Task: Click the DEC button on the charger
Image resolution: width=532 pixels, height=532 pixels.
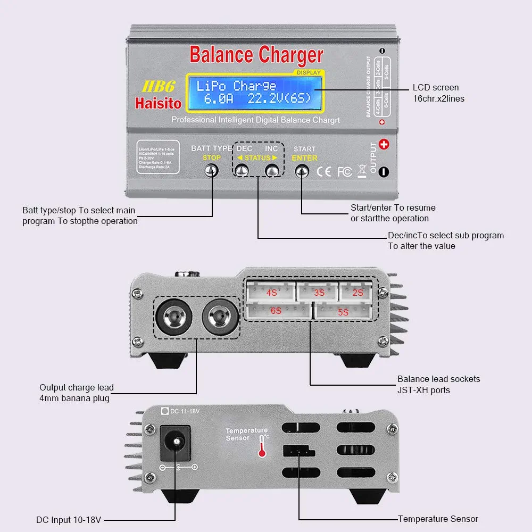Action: pyautogui.click(x=242, y=171)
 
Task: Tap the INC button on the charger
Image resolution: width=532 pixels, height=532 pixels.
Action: pyautogui.click(x=272, y=171)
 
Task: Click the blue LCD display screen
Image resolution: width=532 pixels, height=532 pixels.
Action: pyautogui.click(x=254, y=93)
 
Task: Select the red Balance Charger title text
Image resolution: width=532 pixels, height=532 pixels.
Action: pyautogui.click(x=256, y=55)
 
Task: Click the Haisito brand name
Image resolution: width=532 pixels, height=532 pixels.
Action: pyautogui.click(x=158, y=103)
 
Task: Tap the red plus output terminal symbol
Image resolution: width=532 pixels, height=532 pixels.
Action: pyautogui.click(x=384, y=145)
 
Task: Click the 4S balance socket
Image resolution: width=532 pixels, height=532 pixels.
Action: pyautogui.click(x=272, y=293)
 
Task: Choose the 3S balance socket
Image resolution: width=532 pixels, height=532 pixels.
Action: pyautogui.click(x=318, y=293)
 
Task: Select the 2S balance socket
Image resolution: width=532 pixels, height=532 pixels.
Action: pyautogui.click(x=358, y=293)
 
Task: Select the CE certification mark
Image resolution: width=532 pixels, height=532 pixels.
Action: pyautogui.click(x=324, y=172)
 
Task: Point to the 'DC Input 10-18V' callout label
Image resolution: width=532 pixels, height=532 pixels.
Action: pyautogui.click(x=69, y=520)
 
